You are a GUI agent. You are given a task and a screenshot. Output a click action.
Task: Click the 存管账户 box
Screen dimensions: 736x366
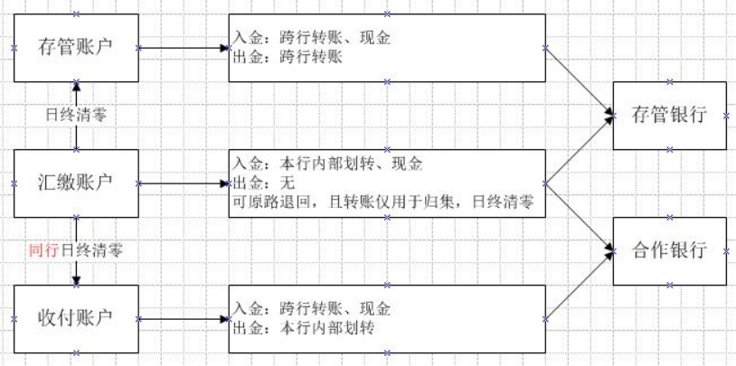(x=76, y=47)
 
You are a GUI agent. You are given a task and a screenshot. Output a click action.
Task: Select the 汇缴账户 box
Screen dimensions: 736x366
(x=76, y=183)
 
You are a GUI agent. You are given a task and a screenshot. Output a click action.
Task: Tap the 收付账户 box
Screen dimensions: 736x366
(x=76, y=319)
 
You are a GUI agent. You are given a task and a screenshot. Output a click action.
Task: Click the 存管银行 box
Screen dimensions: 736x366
(x=669, y=116)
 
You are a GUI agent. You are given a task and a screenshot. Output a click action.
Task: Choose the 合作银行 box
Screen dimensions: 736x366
(x=669, y=251)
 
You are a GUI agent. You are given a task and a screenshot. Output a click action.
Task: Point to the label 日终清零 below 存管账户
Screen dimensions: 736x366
(x=76, y=116)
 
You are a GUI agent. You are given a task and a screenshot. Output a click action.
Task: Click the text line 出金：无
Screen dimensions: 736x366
(x=255, y=183)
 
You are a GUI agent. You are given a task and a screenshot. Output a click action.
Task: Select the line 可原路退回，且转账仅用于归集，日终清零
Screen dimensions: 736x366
(x=384, y=203)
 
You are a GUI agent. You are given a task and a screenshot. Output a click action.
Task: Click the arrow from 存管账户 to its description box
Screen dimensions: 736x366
(x=185, y=47)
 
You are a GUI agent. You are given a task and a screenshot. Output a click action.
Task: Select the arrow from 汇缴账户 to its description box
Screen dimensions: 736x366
(x=185, y=183)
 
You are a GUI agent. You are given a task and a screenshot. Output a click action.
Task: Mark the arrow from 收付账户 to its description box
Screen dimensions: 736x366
(x=185, y=319)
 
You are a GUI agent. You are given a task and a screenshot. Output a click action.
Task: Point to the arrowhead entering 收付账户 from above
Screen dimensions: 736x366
(x=76, y=280)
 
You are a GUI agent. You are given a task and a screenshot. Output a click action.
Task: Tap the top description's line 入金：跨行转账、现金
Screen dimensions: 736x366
(x=312, y=39)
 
